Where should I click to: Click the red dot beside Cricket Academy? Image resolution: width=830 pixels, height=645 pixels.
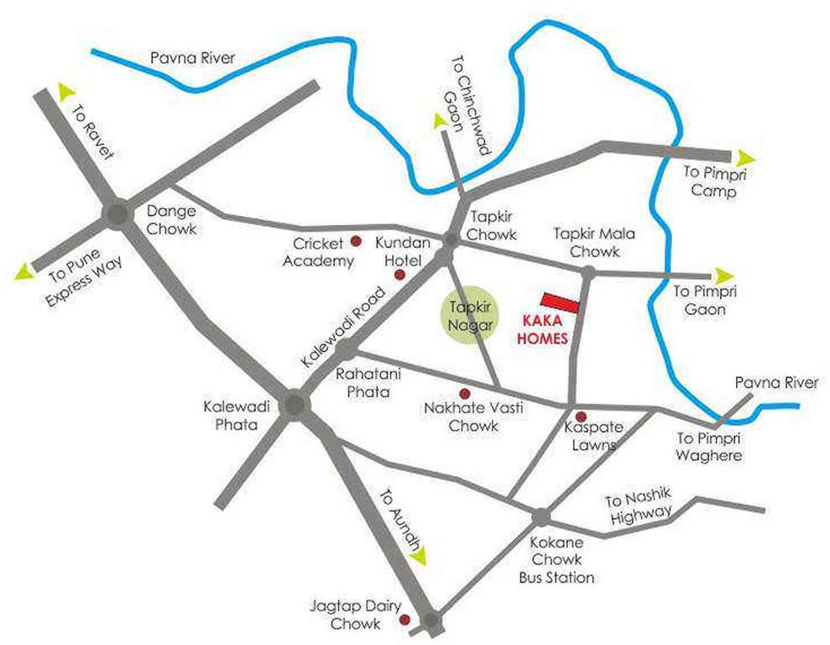pos(355,241)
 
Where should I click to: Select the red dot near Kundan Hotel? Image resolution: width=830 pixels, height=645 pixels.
pos(399,275)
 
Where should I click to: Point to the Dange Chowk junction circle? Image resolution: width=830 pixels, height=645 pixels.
pos(116,215)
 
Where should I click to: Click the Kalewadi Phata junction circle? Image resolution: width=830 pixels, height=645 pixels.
pos(295,406)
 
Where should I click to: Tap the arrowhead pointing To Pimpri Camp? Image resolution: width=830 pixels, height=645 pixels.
pos(745,157)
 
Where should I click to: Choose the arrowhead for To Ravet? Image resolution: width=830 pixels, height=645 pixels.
pos(65,90)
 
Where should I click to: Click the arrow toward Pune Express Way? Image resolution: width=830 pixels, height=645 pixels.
pos(23,270)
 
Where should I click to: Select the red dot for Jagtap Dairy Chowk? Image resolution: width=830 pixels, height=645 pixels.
pos(405,621)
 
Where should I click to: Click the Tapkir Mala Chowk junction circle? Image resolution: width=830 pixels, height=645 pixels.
pos(588,271)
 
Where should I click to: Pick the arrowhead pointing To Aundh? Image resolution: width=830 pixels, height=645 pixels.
pos(418,555)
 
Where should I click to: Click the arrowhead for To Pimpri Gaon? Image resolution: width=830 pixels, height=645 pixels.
pos(723,275)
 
